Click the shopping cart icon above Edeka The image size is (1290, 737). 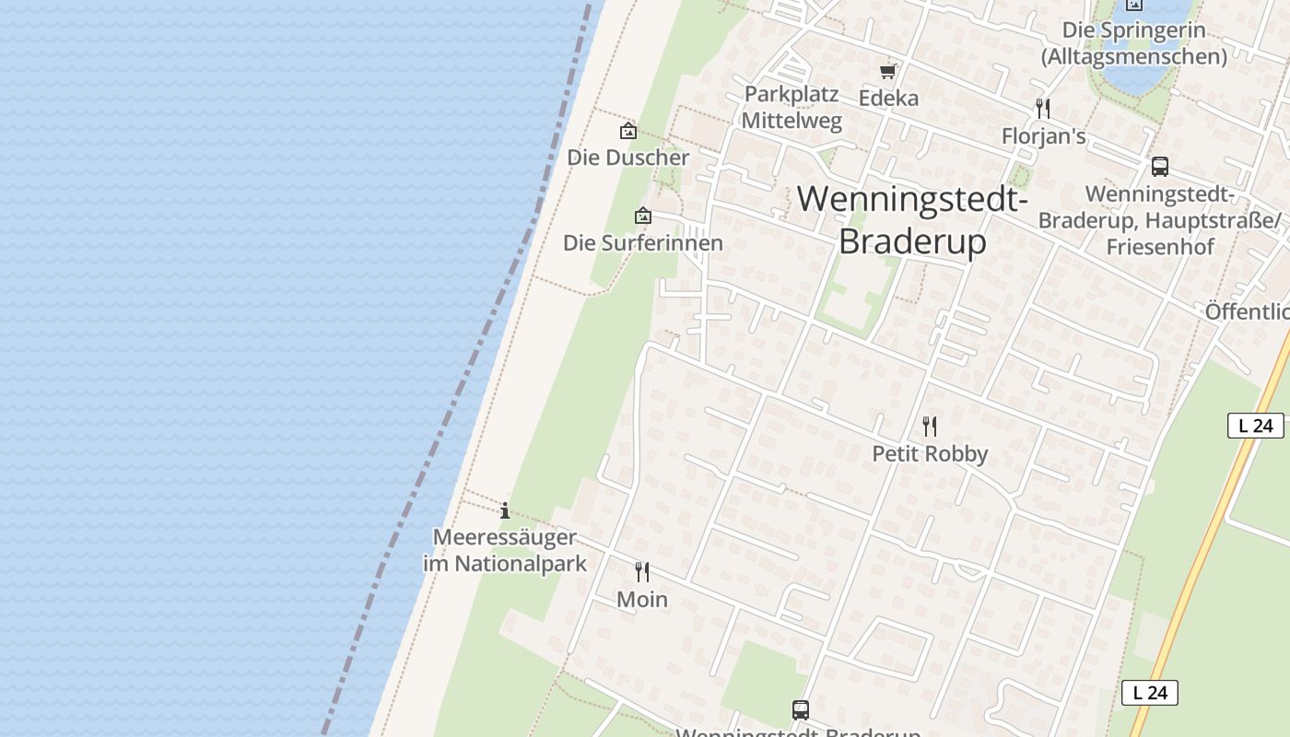(x=888, y=71)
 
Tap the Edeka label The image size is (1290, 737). (x=888, y=98)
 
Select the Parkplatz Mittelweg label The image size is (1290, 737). (x=792, y=107)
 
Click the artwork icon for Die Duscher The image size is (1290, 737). (x=627, y=131)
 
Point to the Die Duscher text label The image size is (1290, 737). (x=627, y=158)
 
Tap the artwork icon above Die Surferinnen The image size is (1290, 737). (x=643, y=216)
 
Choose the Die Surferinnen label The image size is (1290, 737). (x=643, y=243)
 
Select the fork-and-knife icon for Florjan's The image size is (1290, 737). (x=1043, y=109)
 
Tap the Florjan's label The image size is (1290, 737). (x=1043, y=136)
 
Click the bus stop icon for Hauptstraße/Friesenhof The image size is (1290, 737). (x=1160, y=167)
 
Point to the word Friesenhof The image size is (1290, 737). (x=1160, y=247)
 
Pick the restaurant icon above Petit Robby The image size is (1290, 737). (x=930, y=427)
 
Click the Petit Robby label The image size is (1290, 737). (x=930, y=454)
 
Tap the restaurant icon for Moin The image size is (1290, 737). (x=642, y=572)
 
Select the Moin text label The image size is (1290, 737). (x=642, y=600)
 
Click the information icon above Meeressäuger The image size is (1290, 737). (x=505, y=510)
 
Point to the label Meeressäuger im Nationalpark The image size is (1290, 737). (x=505, y=550)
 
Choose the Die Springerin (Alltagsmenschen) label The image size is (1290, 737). (x=1133, y=43)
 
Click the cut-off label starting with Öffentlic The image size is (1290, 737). (x=1247, y=311)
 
